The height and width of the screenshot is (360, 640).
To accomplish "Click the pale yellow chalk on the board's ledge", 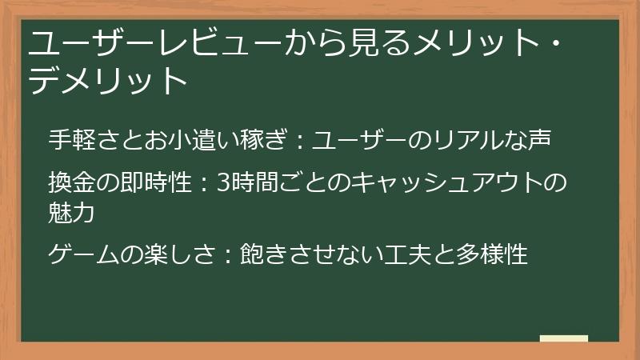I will [x=563, y=338].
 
